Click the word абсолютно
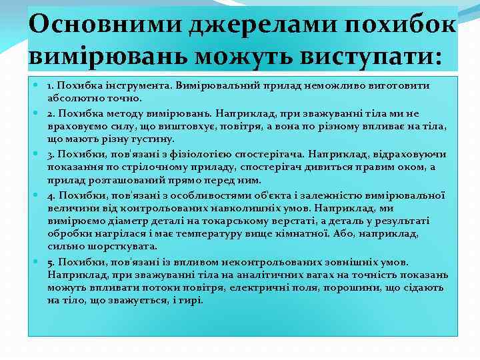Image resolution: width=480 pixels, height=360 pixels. click(x=72, y=97)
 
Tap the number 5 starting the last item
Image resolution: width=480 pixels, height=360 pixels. click(x=50, y=261)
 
